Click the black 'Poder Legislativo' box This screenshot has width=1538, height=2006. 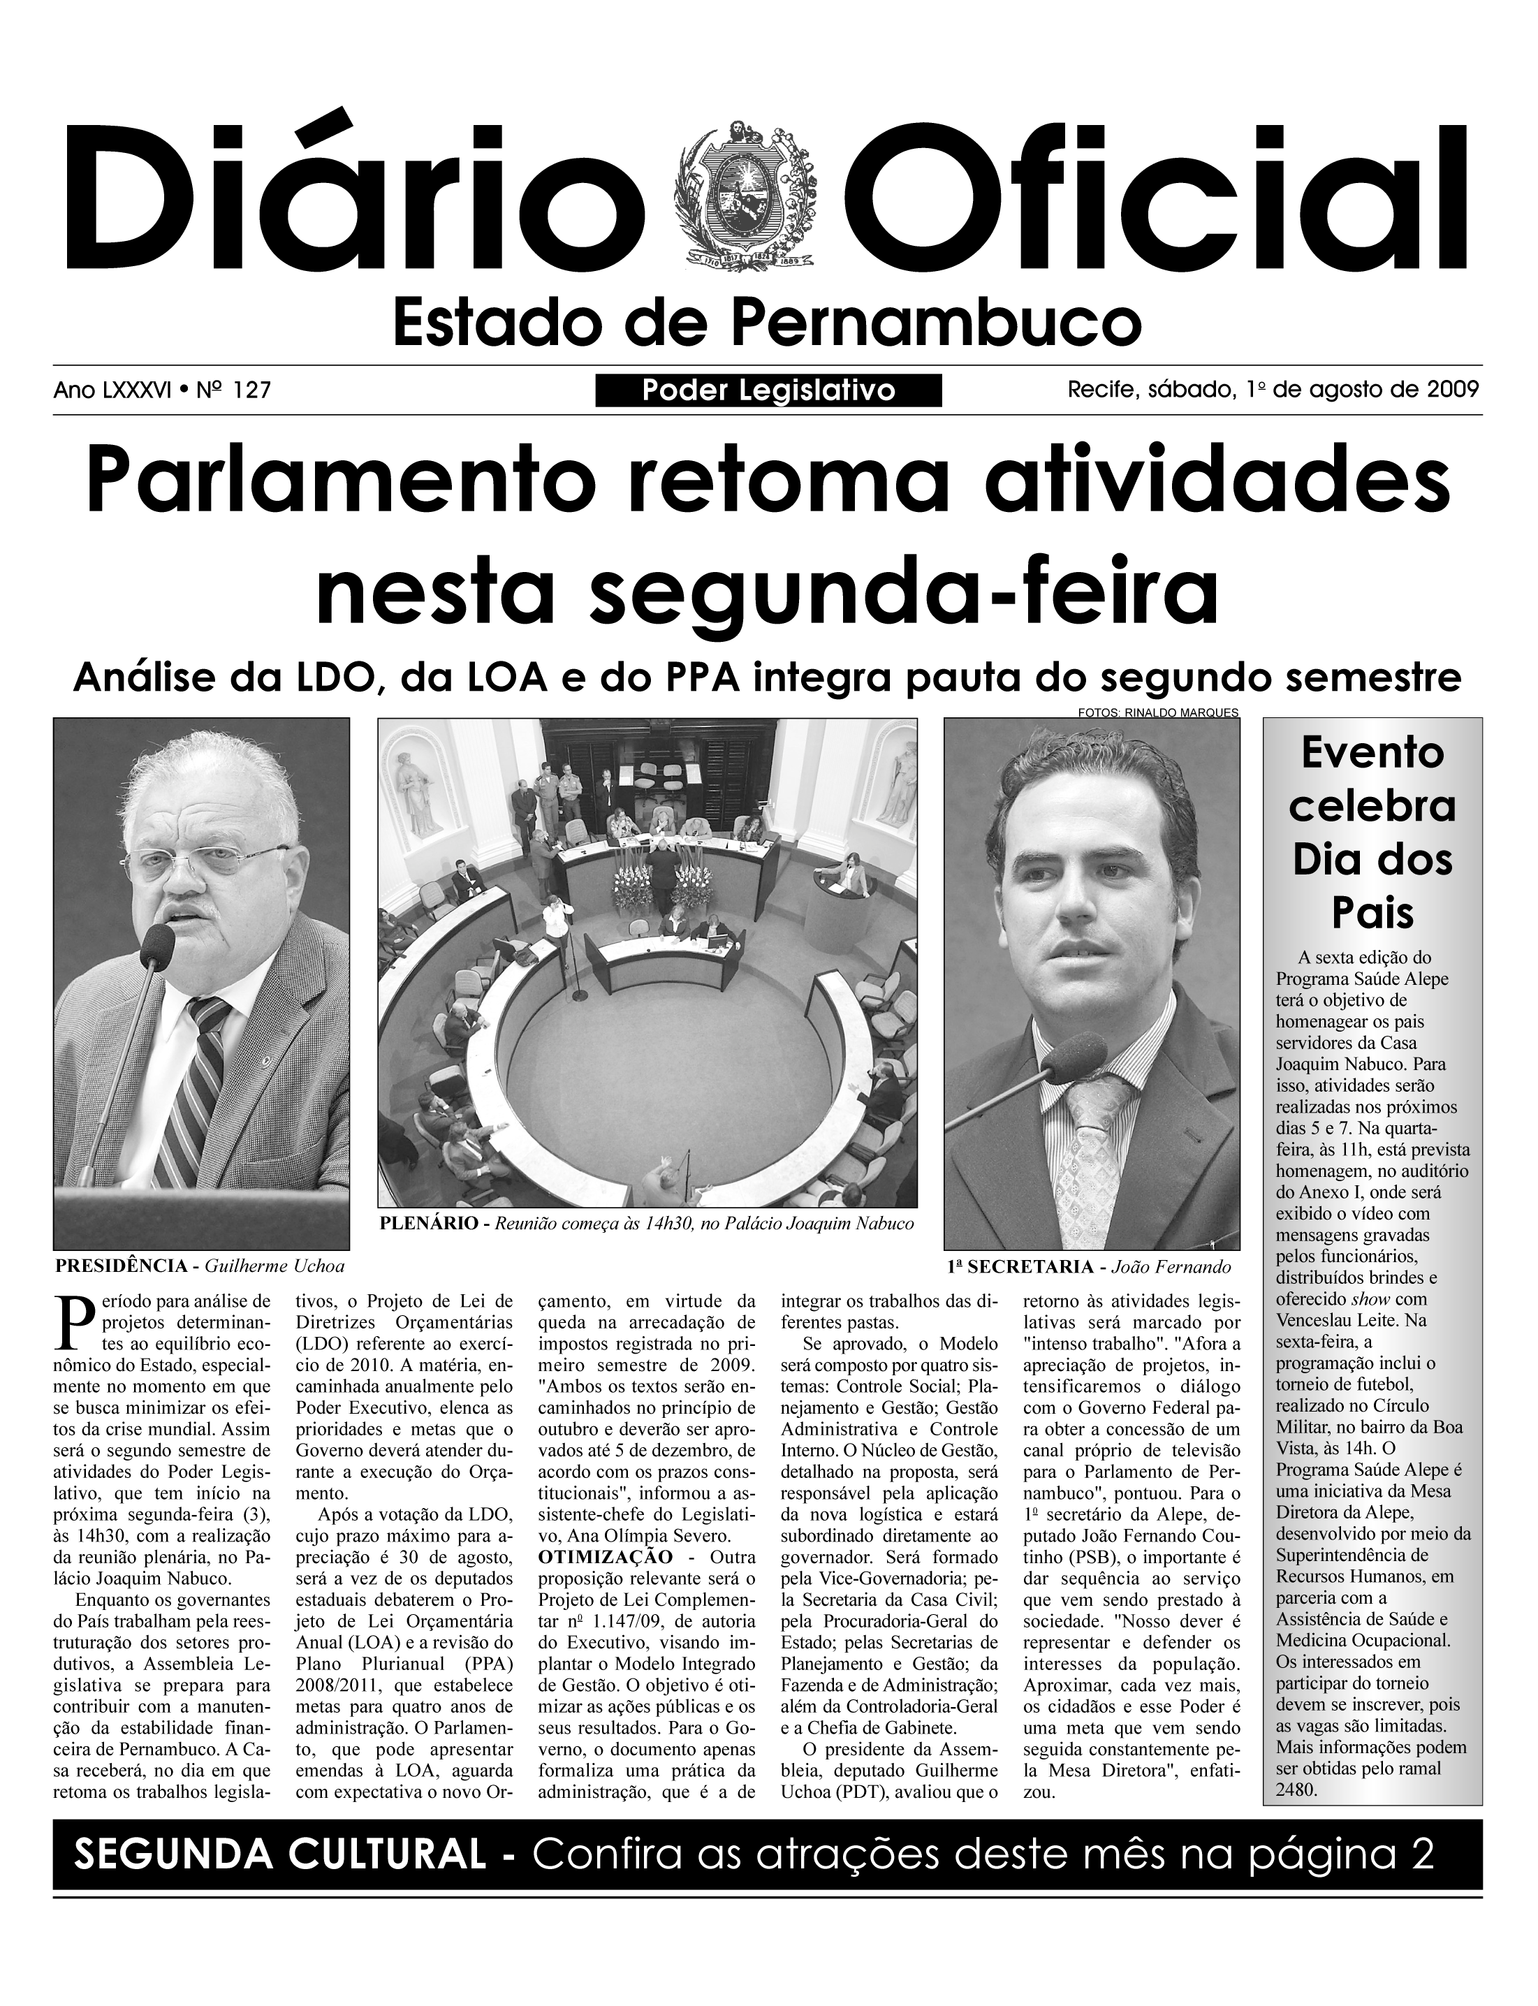coord(768,391)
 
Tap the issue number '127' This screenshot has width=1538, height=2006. coord(253,391)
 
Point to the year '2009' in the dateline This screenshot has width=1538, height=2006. coord(1453,390)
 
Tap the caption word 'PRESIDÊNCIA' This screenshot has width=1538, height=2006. coord(121,1267)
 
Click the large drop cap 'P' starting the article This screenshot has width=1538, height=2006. coord(73,1326)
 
